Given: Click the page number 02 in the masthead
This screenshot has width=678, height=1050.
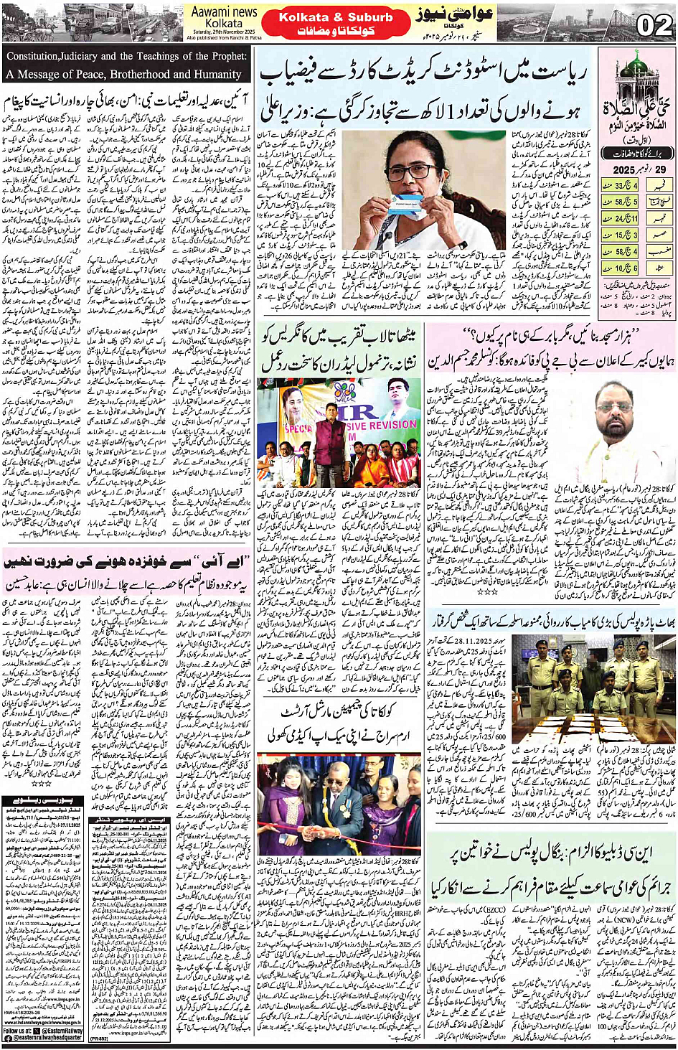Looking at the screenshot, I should pyautogui.click(x=654, y=26).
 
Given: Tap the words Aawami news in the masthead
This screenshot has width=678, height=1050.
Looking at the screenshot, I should pyautogui.click(x=225, y=12).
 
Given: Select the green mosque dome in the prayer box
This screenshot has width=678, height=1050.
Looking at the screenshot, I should pyautogui.click(x=633, y=66).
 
